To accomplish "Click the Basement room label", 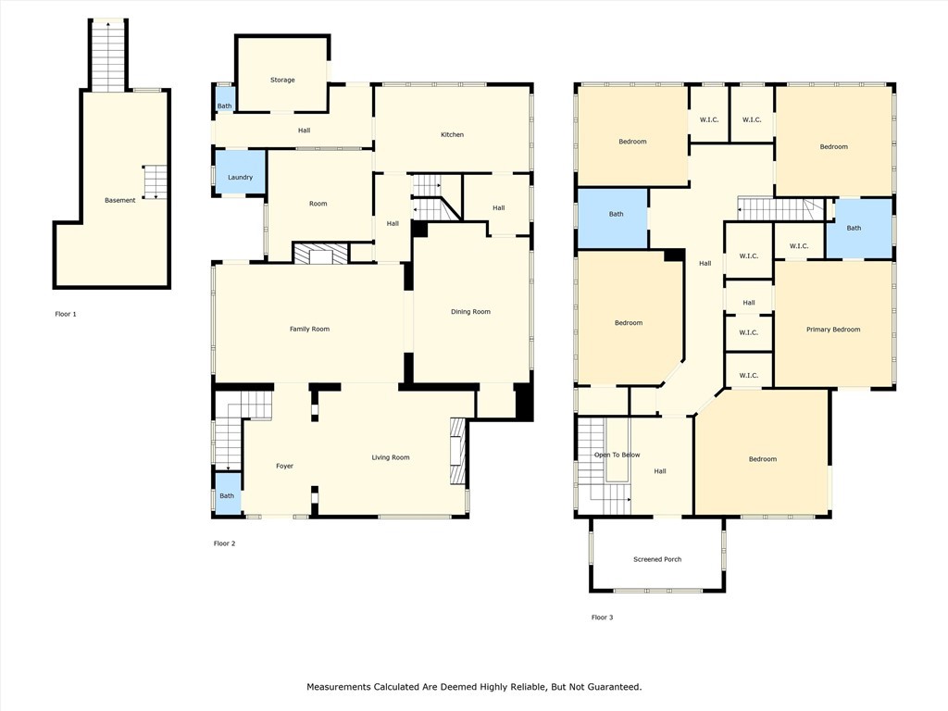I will pos(119,200).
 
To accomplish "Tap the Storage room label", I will pos(282,80).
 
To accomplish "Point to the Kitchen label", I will pos(452,135).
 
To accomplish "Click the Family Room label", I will pos(309,329).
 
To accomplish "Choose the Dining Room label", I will pos(470,312).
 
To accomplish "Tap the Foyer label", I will pos(284,466).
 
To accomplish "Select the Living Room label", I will pos(390,457).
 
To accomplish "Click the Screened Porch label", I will pos(657,559).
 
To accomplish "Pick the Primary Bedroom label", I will pos(833,330).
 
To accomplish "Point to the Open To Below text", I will pos(617,455).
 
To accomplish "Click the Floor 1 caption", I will pos(66,314).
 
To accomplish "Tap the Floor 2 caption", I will pos(224,543).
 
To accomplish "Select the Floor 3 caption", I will pos(602,617).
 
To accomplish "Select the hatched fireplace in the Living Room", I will pos(456,452).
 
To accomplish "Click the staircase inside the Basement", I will pos(155,181).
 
